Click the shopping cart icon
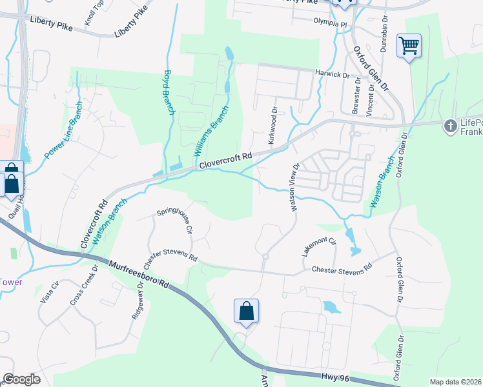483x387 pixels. pos(409,46)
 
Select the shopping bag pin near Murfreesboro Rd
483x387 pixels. pos(246,312)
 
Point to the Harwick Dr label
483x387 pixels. pos(332,74)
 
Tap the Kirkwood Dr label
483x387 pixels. pos(274,125)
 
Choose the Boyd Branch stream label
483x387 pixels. pos(169,92)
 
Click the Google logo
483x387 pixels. pos(21,379)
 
